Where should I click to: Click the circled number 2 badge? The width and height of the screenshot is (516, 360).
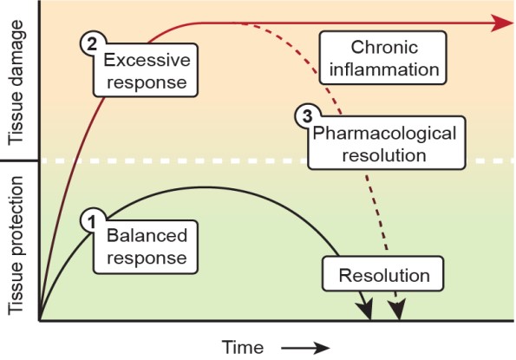pos(92,43)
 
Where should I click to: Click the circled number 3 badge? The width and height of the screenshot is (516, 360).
pos(307,116)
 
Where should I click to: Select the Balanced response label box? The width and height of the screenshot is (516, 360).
pos(146,247)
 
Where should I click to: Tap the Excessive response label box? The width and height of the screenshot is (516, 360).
pos(146,70)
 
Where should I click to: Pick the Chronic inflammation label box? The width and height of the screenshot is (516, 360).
pos(383,57)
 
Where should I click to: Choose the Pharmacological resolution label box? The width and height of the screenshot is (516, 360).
pos(386,143)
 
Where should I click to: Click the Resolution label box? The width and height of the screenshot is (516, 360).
pos(383,274)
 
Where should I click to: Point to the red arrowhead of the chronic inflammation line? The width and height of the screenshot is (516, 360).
pos(501,23)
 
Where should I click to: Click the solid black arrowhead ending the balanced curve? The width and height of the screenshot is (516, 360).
pos(366,309)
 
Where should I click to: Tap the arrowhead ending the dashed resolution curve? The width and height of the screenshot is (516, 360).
pos(397,309)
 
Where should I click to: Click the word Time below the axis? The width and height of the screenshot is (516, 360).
pos(243,348)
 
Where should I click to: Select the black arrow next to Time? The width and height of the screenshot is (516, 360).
pos(305,348)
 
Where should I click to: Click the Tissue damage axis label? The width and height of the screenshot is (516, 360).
pos(16,82)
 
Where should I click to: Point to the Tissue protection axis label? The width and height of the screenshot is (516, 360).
pos(16,245)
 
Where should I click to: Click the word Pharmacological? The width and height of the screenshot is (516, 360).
pos(384,134)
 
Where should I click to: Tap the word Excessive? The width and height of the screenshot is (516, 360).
pos(147,60)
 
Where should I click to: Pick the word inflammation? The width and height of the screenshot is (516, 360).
pos(384,69)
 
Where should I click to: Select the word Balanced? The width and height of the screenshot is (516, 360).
pos(147,236)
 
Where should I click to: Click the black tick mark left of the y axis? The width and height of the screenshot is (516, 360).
pos(19,160)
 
